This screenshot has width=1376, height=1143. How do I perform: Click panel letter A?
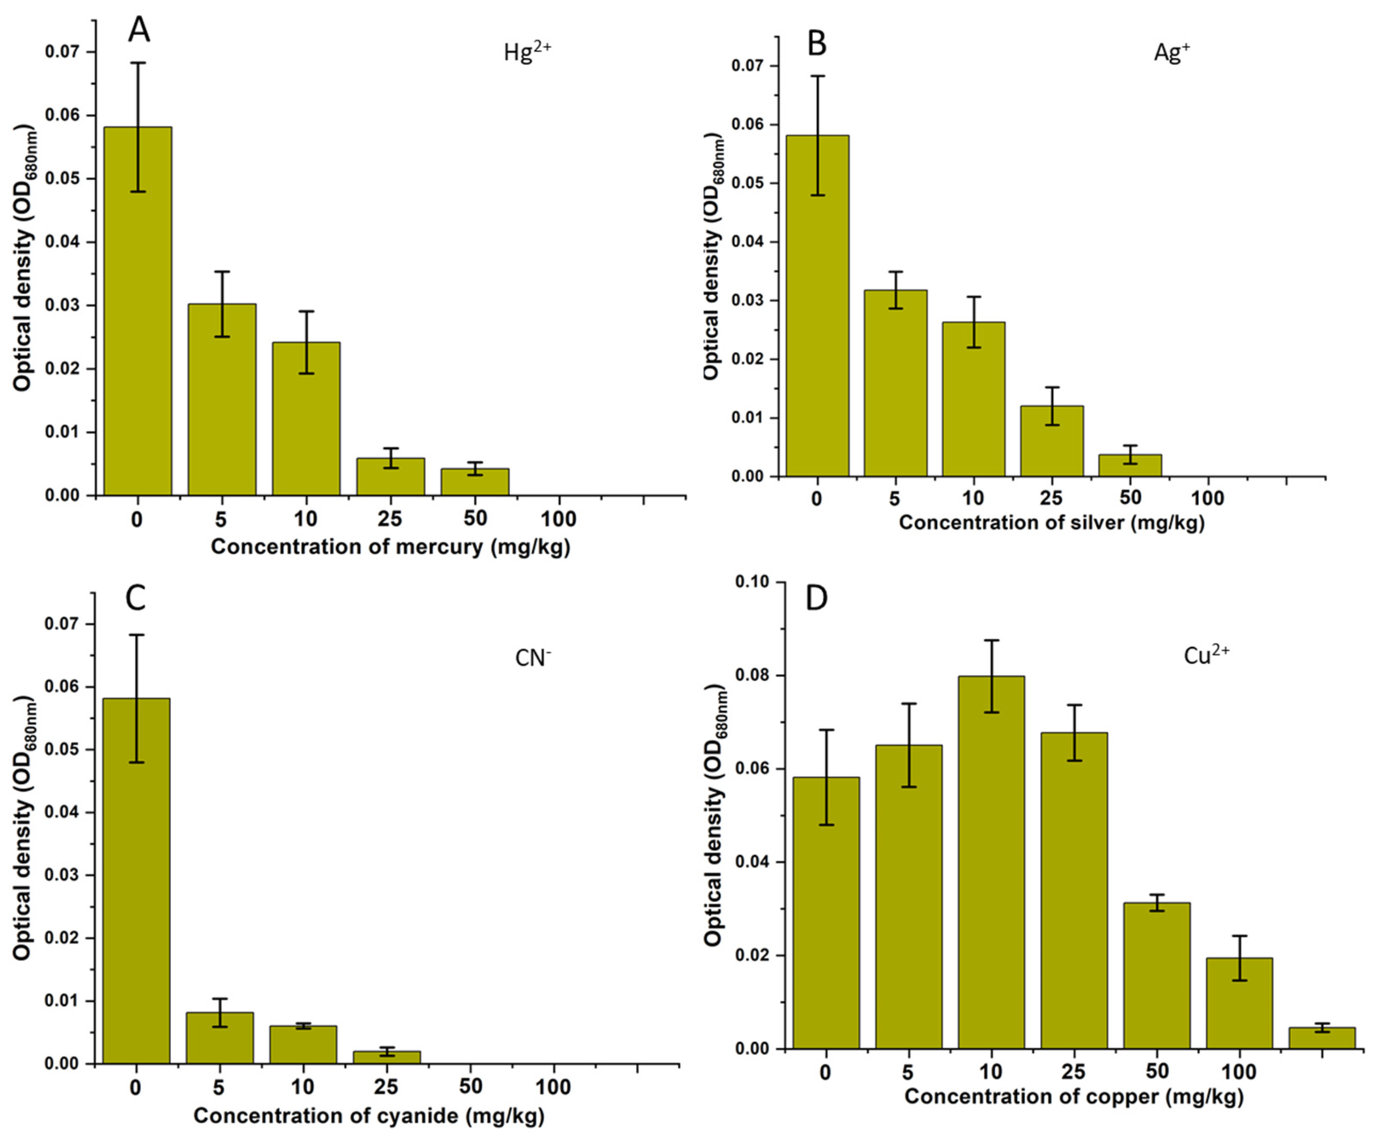coord(139,29)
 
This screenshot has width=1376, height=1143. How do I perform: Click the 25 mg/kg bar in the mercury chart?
coord(390,477)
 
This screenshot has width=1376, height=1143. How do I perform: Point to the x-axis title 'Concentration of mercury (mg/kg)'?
coord(390,547)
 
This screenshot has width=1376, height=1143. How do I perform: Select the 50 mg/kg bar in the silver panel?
coord(1131,465)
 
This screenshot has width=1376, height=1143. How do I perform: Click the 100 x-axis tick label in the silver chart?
coord(1207,498)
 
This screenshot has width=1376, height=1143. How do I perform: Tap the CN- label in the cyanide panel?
coord(533,657)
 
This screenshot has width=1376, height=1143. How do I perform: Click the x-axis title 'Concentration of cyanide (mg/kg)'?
coord(369,1115)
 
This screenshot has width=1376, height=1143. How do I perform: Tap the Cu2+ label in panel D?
coord(1206,656)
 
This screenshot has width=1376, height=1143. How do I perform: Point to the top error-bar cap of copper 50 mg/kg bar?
coord(1157,895)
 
